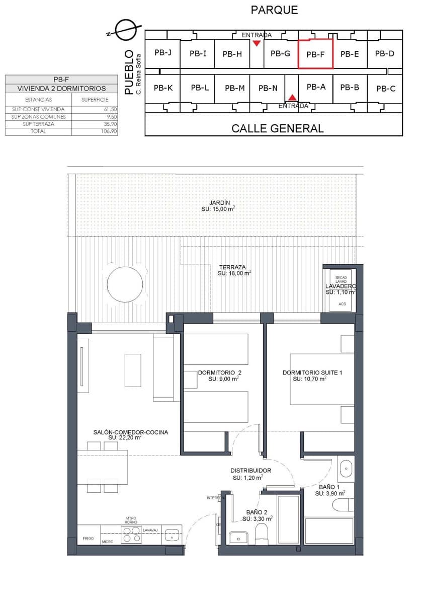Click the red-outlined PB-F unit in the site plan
[x=315, y=54]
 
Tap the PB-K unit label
[x=163, y=88]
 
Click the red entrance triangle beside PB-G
[x=257, y=43]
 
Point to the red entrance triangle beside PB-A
[x=292, y=97]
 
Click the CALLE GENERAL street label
[x=277, y=128]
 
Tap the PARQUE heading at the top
[x=274, y=10]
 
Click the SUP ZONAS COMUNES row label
[x=39, y=117]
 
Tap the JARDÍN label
[x=219, y=202]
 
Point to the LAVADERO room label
[x=340, y=286]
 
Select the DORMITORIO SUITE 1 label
[x=312, y=372]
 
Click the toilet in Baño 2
[x=262, y=535]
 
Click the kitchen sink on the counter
[x=173, y=535]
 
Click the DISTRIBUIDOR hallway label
[x=250, y=471]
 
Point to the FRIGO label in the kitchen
[x=88, y=539]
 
